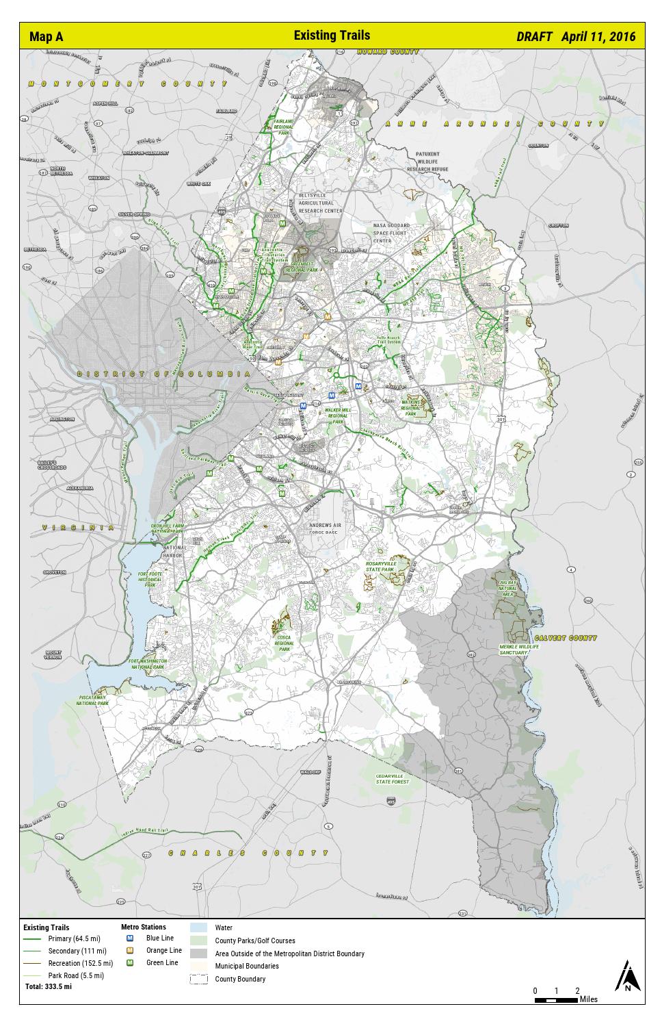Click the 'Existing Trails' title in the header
(332, 36)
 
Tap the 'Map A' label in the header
(46, 37)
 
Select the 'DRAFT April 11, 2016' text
(575, 37)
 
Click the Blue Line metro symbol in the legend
(130, 938)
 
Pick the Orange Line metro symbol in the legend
(130, 951)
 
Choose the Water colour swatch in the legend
(198, 928)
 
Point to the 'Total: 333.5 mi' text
(48, 987)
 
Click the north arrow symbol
(626, 977)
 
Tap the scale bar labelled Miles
(557, 1000)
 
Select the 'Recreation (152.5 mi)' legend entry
(80, 964)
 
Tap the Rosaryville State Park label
(381, 565)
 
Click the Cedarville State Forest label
(392, 778)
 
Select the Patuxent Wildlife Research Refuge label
(427, 162)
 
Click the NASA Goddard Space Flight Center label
(391, 233)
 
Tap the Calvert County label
(566, 638)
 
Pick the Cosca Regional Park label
(284, 644)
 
